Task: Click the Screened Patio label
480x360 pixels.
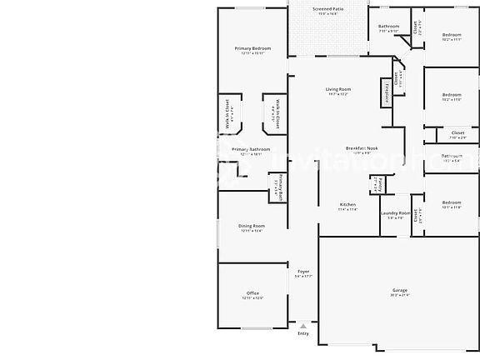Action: pos(327,8)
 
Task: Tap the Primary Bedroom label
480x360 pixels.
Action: pos(252,48)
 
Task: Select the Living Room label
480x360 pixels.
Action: pos(337,89)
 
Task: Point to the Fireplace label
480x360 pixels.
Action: pos(387,92)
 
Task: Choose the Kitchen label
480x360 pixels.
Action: pos(347,205)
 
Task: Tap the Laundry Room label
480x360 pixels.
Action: pos(395,213)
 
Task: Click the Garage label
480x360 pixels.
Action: pos(400,291)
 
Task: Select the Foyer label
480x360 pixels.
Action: pos(303,272)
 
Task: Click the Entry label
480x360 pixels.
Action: pos(302,333)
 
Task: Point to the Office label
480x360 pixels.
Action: pos(252,293)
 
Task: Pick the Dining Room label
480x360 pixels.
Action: pos(252,226)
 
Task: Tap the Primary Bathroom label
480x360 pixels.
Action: pos(251,149)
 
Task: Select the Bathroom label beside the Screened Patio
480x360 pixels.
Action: pos(387,27)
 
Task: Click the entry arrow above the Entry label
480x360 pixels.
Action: pos(302,325)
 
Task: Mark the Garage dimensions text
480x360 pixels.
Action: pos(400,296)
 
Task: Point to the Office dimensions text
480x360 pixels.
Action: pos(252,298)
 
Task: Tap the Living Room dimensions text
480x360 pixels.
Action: pos(337,94)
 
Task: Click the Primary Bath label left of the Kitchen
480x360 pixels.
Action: pos(280,187)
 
